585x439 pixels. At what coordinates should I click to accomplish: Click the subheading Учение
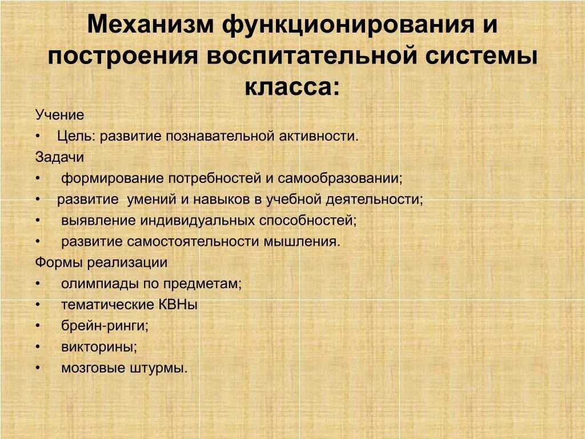tap(59, 115)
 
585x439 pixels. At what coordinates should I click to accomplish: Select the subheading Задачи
tap(59, 157)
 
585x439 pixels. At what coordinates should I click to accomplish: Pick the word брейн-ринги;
tap(105, 326)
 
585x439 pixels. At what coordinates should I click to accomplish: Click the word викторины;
tap(99, 347)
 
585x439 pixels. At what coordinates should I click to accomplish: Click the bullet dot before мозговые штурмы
tap(38, 368)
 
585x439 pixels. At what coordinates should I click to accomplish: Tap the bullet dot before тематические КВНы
tap(38, 305)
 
